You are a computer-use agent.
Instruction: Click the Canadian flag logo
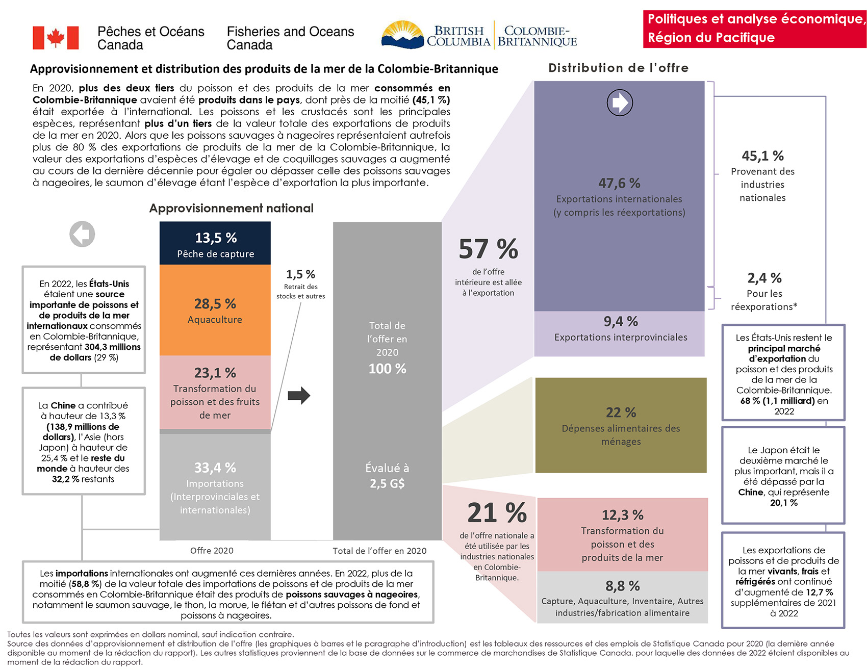56,38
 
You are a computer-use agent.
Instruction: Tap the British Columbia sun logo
402,35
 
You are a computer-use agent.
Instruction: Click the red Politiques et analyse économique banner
754,29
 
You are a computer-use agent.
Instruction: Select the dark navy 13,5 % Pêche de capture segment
215,244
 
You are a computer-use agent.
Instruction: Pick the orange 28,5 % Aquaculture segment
215,310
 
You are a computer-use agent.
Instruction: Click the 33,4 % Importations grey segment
215,487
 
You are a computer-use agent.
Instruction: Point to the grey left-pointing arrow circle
82,234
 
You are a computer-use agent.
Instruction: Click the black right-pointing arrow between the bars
299,395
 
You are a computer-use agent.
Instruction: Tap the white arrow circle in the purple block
620,102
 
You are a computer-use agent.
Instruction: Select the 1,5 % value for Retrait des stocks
300,274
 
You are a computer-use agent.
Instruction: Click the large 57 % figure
488,249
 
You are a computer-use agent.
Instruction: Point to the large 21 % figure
497,513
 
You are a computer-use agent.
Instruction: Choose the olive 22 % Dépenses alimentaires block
621,425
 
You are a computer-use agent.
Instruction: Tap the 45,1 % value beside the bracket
762,156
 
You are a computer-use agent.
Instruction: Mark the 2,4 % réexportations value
764,278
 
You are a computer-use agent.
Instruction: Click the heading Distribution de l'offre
618,68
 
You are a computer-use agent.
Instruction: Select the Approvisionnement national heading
231,208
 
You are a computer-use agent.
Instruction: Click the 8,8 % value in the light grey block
622,586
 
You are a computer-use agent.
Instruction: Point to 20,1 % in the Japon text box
783,503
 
